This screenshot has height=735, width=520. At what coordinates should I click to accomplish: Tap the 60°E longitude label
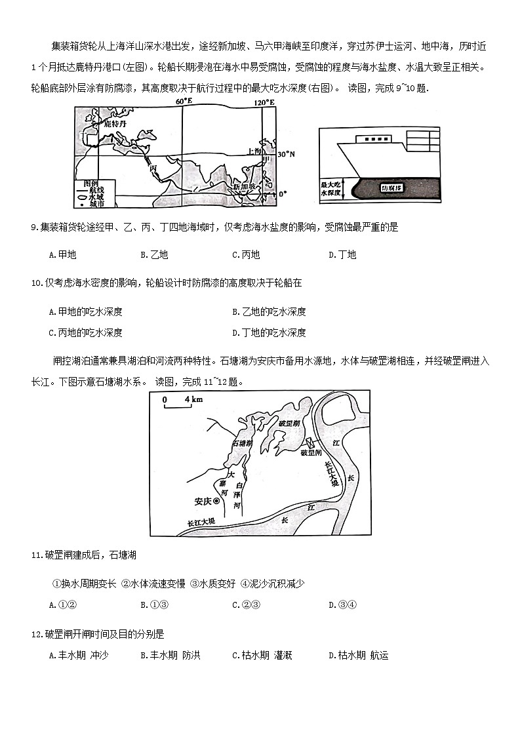[x=184, y=102]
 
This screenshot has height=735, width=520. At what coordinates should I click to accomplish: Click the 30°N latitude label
[x=287, y=154]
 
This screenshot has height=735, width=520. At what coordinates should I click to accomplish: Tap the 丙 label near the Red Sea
[x=153, y=169]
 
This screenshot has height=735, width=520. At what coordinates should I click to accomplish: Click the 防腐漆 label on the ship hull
[x=392, y=188]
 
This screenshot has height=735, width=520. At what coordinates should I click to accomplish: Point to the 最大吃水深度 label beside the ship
[x=332, y=189]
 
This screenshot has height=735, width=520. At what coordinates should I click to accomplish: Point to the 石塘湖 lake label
[x=242, y=444]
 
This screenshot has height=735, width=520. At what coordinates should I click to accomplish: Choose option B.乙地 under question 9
[x=154, y=255]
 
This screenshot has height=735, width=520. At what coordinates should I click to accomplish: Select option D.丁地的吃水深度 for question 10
[x=269, y=332]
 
